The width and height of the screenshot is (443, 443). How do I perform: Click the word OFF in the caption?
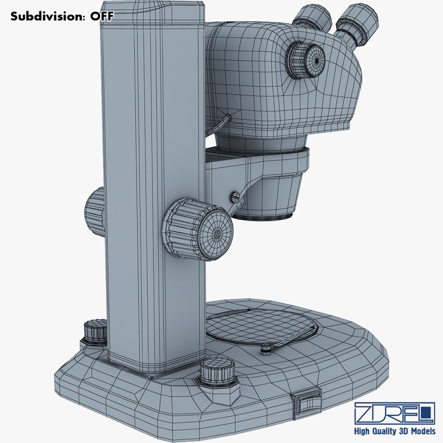click(x=101, y=16)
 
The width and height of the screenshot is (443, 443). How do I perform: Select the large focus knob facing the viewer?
click(x=199, y=230)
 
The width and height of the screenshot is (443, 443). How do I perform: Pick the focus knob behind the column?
click(x=95, y=212)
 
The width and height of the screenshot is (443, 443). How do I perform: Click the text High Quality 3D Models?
click(x=395, y=431)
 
